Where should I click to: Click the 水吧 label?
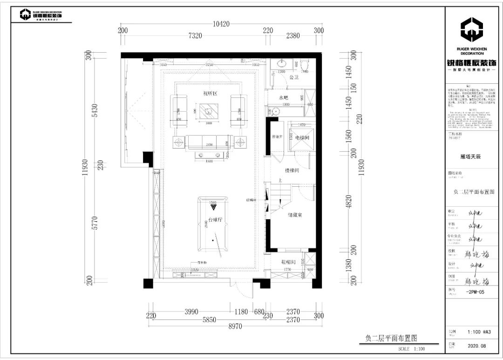point(284,98)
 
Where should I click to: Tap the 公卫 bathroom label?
point(293,78)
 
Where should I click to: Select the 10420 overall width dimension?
point(222,24)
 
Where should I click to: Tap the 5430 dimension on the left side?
point(95,110)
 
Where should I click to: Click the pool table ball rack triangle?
point(213,206)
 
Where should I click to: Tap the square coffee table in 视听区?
point(208,111)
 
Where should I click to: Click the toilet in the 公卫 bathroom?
point(305,64)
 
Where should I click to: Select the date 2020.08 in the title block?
point(476,346)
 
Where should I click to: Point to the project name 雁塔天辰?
point(470,157)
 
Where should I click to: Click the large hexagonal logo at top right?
point(472,30)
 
